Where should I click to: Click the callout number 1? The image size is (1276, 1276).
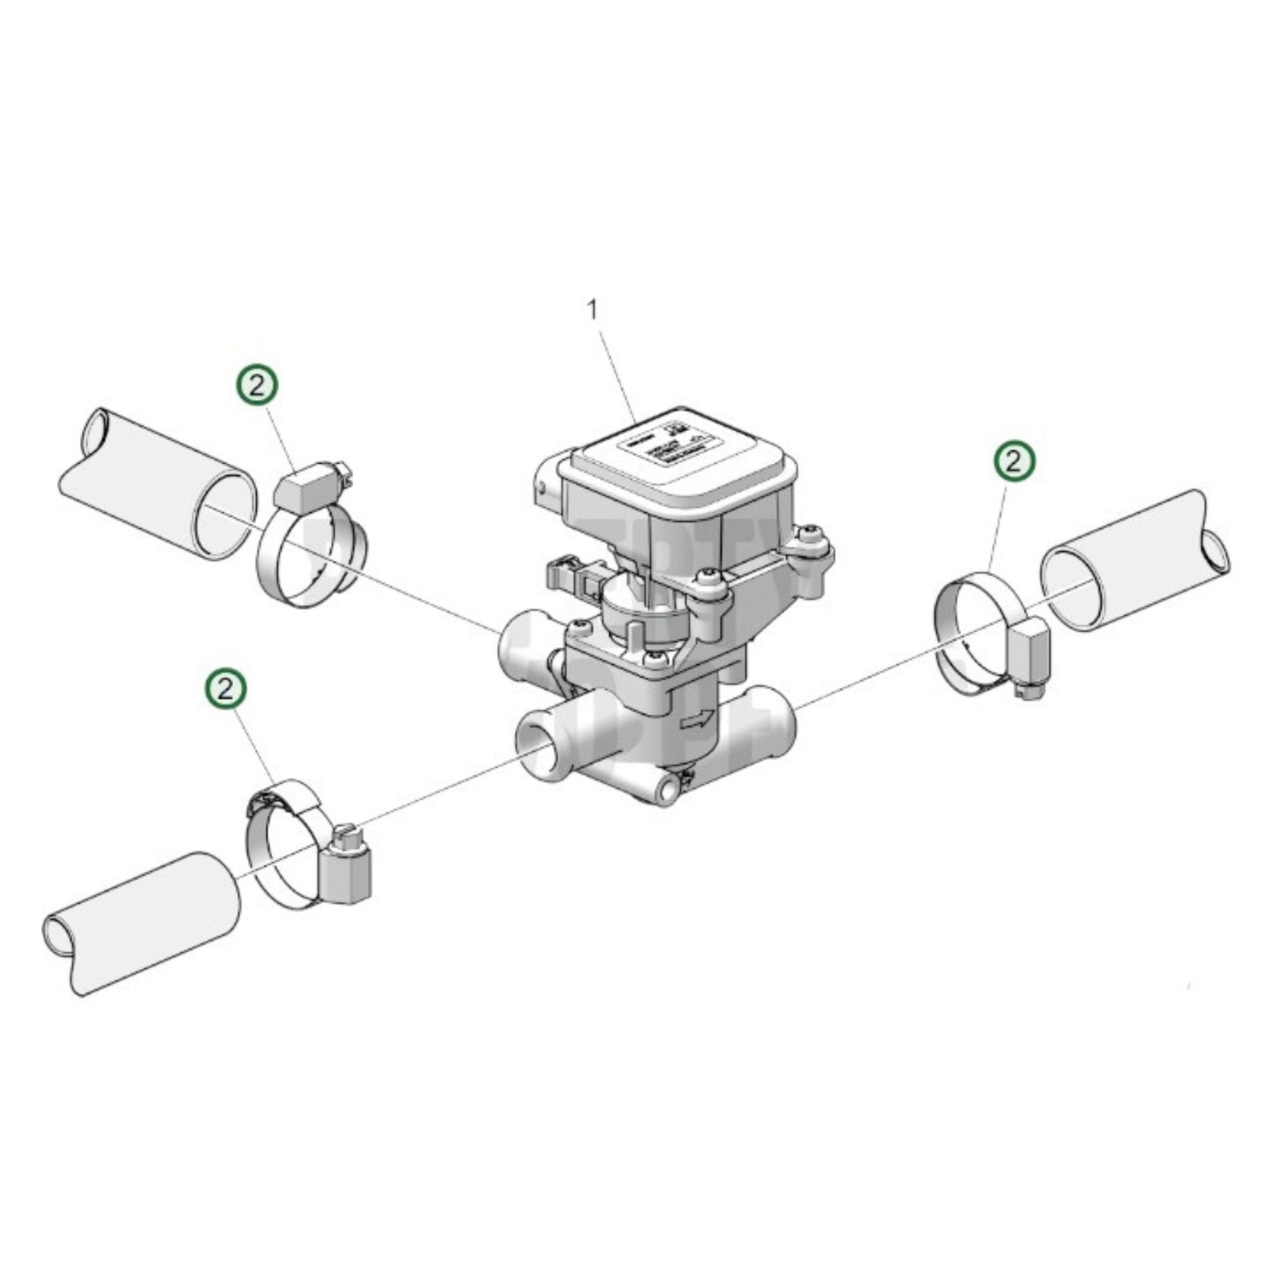pos(593,309)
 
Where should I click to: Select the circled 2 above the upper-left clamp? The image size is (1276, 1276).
pos(257,386)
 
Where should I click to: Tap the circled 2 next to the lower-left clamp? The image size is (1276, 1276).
pos(225,690)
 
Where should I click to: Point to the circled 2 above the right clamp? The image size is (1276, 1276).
pos(1015,462)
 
